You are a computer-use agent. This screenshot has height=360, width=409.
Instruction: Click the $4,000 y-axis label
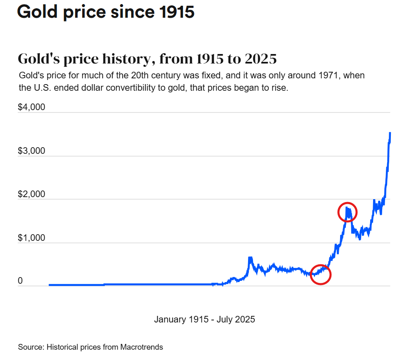[x=31, y=108]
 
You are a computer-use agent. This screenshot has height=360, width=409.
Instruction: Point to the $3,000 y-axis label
[x=31, y=151]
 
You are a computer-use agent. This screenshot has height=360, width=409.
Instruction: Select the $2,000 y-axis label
[x=31, y=195]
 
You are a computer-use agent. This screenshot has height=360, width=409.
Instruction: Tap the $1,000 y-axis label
[x=31, y=238]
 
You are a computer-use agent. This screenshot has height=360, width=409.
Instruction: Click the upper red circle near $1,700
[x=348, y=212]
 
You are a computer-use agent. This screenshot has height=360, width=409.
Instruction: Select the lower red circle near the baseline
[x=321, y=274]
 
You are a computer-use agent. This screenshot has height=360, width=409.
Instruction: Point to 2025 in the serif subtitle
[x=260, y=59]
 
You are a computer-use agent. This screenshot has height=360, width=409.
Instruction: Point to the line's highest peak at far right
[x=390, y=133]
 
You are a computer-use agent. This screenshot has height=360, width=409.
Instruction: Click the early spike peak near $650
[x=250, y=258]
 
